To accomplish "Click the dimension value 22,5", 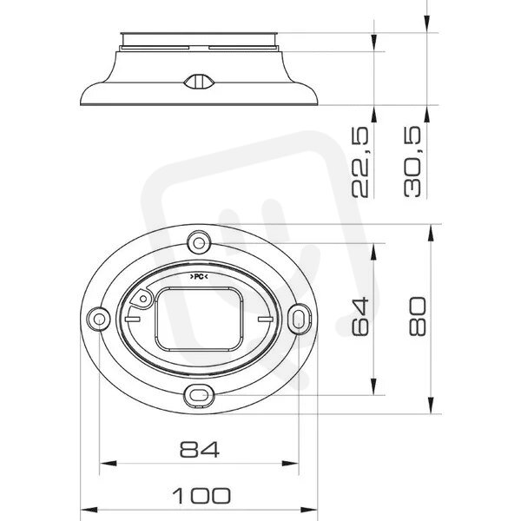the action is [360, 162].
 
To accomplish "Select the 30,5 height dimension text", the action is [412, 162].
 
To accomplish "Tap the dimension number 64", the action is [360, 316].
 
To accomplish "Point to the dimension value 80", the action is [417, 316].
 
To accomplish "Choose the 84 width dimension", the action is [200, 449].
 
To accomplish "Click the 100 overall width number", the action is [201, 495].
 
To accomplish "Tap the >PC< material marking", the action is [199, 276].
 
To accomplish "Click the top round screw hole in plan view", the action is [199, 243].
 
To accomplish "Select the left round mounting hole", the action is [98, 319].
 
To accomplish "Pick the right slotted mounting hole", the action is [299, 319].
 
